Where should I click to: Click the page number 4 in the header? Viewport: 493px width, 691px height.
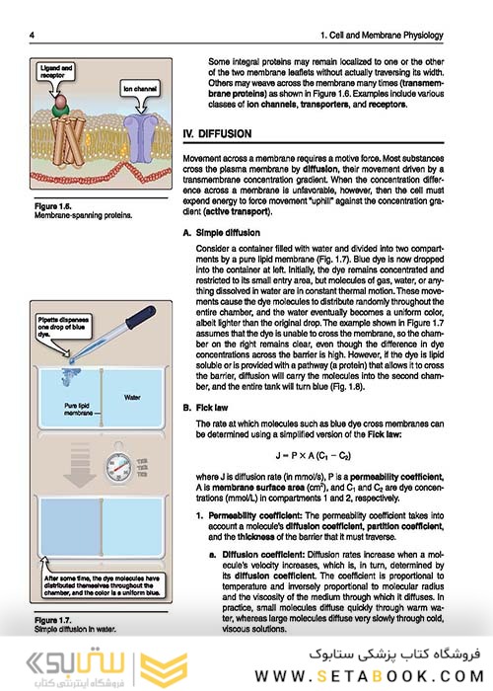pos(34,37)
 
